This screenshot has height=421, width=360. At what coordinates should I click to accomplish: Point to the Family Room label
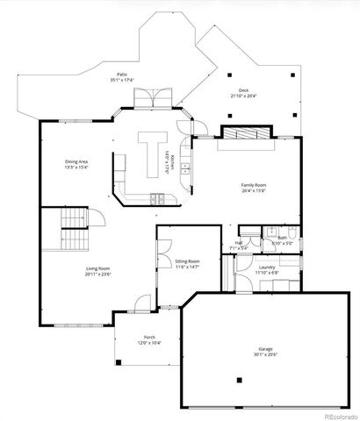tap(254, 185)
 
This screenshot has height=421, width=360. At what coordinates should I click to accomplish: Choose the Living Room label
tap(97, 268)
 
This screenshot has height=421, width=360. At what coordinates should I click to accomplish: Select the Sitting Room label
tap(187, 260)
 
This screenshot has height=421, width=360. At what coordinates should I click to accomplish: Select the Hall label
tap(238, 244)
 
